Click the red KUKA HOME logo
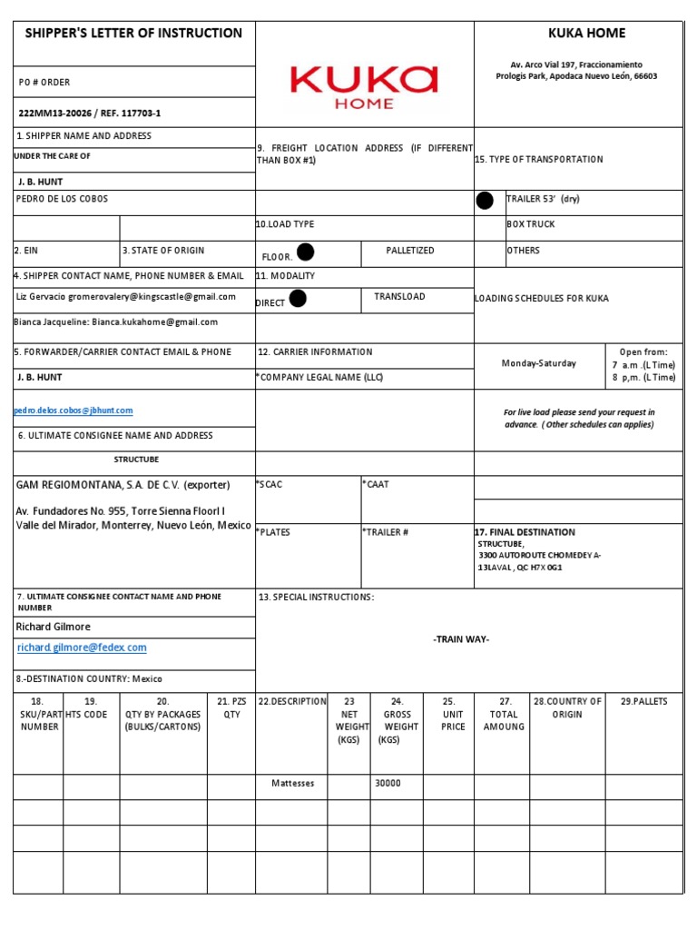(364, 84)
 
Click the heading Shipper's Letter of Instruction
(133, 34)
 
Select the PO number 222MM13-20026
(90, 114)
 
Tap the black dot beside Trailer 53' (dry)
(486, 201)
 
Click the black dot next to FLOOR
(306, 252)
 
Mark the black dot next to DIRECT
(297, 299)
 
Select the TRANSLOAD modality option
(399, 297)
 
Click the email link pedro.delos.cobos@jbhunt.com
(74, 411)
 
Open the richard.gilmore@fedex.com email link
(81, 648)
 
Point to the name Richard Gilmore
(54, 627)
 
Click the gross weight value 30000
(388, 783)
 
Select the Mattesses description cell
(292, 783)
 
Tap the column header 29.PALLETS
(650, 702)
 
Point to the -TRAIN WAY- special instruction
(461, 640)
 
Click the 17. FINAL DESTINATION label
(525, 532)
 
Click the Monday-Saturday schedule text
(538, 363)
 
